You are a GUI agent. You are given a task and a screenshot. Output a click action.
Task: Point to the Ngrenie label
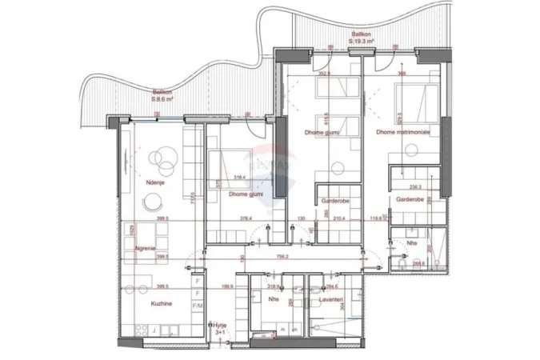[x=145, y=248]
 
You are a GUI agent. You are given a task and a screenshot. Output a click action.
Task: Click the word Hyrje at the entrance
[x=219, y=325]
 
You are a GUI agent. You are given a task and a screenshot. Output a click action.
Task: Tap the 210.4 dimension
[x=339, y=218]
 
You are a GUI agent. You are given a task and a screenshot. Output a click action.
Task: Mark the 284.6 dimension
[x=333, y=286]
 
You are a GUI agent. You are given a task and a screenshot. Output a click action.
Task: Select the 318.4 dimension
[x=240, y=178]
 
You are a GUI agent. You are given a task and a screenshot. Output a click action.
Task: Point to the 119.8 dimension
[x=375, y=218]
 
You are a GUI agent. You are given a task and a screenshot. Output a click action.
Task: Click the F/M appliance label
[x=197, y=306]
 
